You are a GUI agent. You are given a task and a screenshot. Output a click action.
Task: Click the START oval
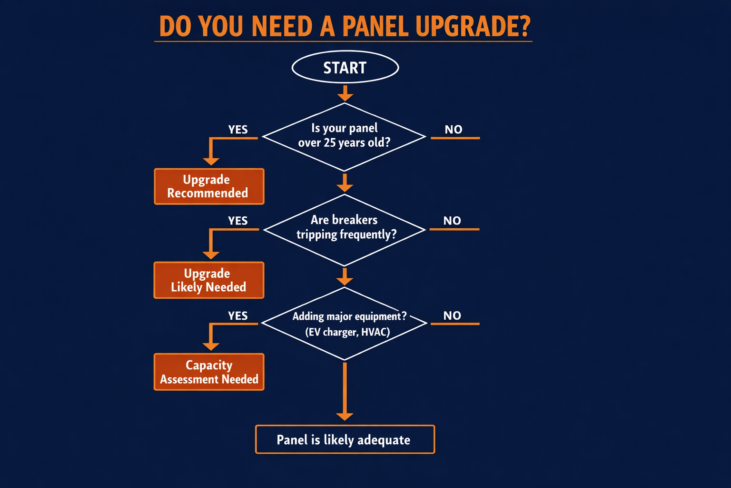point(345,67)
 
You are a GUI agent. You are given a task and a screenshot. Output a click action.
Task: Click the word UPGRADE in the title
point(472,27)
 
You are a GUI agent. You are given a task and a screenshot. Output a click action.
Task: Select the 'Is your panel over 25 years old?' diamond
point(344,136)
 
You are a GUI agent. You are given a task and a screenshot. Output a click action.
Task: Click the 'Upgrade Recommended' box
point(209,186)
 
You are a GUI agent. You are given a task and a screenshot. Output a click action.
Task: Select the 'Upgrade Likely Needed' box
point(208,280)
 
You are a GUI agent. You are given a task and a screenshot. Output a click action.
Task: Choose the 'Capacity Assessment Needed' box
point(209,372)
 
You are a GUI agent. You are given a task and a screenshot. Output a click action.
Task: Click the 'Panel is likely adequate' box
point(345,439)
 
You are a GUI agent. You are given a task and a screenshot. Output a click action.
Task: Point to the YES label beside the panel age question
point(238,130)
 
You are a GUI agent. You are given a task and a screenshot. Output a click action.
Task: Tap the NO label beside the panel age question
point(454,130)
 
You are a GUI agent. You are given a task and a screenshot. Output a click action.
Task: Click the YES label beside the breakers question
point(238,221)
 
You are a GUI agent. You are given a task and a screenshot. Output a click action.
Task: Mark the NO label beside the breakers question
point(452,221)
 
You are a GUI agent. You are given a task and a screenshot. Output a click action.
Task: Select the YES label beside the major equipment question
point(238,316)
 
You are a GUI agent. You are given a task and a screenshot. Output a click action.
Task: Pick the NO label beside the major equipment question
point(452,315)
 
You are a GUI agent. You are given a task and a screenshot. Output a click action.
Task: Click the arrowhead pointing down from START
point(345,97)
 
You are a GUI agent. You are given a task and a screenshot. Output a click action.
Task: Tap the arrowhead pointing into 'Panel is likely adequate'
point(345,417)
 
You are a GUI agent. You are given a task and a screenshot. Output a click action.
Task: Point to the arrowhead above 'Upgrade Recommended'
point(211,161)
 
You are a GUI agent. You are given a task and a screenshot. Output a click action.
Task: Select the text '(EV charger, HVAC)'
point(347,332)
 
